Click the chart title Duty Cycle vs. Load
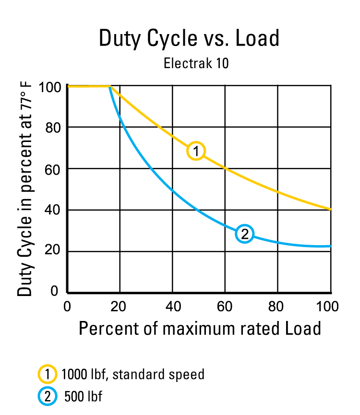click(189, 38)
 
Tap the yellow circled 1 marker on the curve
click(196, 151)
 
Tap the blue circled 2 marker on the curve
click(244, 234)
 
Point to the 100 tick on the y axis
click(51, 87)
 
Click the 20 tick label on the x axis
click(120, 306)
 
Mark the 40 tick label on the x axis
click(173, 306)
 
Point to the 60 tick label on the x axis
click(225, 306)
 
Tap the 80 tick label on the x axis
click(278, 306)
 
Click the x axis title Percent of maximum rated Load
click(200, 329)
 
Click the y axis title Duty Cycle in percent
click(25, 190)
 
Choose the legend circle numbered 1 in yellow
click(46, 374)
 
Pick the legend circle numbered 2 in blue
click(46, 396)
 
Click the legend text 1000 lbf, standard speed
click(133, 374)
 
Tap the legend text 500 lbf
click(83, 396)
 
